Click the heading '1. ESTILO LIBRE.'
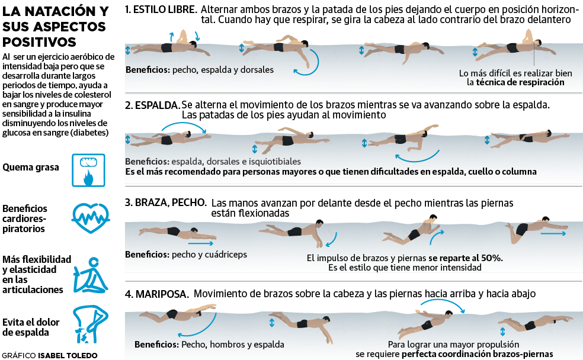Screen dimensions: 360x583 [161, 10]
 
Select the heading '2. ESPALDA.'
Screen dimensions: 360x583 [152, 105]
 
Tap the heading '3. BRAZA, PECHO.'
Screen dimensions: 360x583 [165, 202]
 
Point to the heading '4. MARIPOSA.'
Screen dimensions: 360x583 [157, 294]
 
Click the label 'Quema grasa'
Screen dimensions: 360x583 [31, 168]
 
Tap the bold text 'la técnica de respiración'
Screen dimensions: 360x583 [515, 83]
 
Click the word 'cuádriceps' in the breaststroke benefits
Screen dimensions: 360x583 [226, 255]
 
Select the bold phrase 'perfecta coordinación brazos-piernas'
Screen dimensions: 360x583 [478, 354]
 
